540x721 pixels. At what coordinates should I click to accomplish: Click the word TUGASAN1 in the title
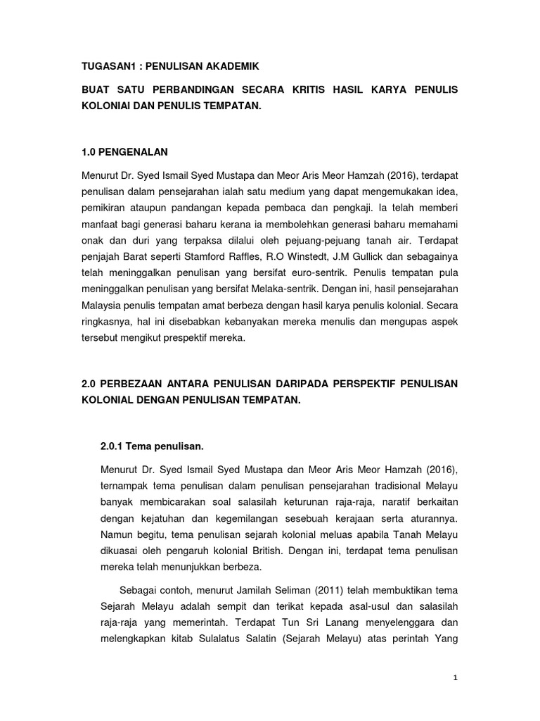[110, 66]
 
